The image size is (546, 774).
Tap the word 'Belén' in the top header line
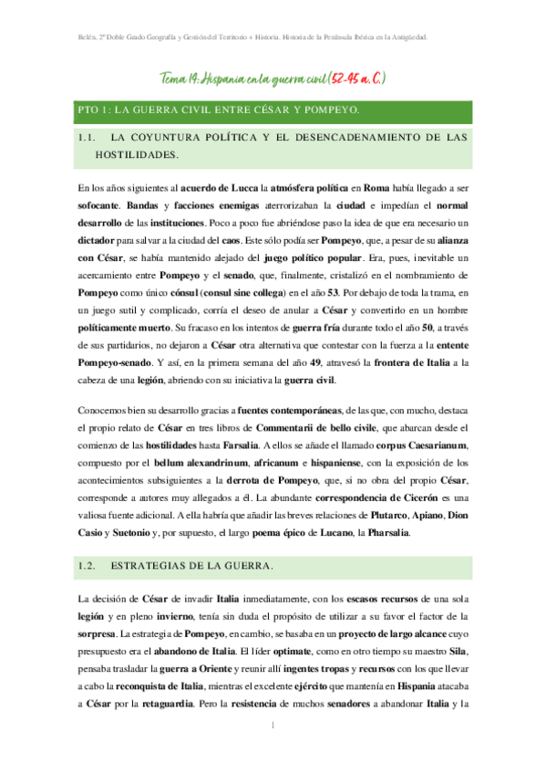click(86, 37)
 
